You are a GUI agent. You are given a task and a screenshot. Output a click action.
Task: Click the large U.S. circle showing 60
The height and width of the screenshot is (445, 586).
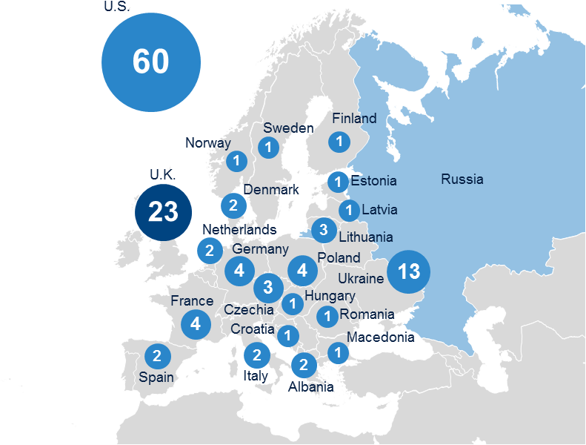tap(151, 62)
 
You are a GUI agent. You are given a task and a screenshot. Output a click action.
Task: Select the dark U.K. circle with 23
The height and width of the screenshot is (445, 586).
tap(163, 212)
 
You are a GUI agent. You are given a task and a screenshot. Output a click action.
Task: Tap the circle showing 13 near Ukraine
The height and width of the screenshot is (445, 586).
tap(407, 271)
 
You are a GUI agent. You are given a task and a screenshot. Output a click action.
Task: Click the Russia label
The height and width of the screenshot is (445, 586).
tap(462, 179)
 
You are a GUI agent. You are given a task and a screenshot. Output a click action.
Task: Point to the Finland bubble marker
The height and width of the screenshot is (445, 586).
tap(339, 141)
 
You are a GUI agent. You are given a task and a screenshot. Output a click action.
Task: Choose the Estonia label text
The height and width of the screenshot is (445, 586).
tap(373, 181)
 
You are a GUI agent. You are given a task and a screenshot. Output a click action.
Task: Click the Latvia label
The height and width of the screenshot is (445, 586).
tap(379, 210)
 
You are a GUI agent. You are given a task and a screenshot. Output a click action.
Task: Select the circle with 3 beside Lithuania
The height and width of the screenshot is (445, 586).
tap(324, 230)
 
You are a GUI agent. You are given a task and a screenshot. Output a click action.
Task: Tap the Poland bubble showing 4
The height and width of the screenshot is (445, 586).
tap(302, 271)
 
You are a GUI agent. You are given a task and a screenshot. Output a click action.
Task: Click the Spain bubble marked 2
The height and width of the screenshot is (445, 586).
tap(157, 357)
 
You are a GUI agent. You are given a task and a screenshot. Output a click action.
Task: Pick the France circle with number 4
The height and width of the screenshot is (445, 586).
tap(195, 324)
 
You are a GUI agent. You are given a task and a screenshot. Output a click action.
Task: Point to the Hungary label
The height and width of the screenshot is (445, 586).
tap(330, 296)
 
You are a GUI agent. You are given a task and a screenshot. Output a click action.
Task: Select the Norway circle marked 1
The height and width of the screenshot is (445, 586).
tap(236, 160)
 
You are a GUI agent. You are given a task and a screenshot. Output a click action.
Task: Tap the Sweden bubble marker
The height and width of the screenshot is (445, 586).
tap(268, 148)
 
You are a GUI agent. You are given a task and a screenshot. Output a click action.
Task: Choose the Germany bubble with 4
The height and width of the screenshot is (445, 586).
tap(239, 271)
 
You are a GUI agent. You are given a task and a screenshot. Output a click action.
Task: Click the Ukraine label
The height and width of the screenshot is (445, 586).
tap(361, 279)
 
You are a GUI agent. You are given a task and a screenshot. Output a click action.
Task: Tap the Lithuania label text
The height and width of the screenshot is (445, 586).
tap(365, 238)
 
